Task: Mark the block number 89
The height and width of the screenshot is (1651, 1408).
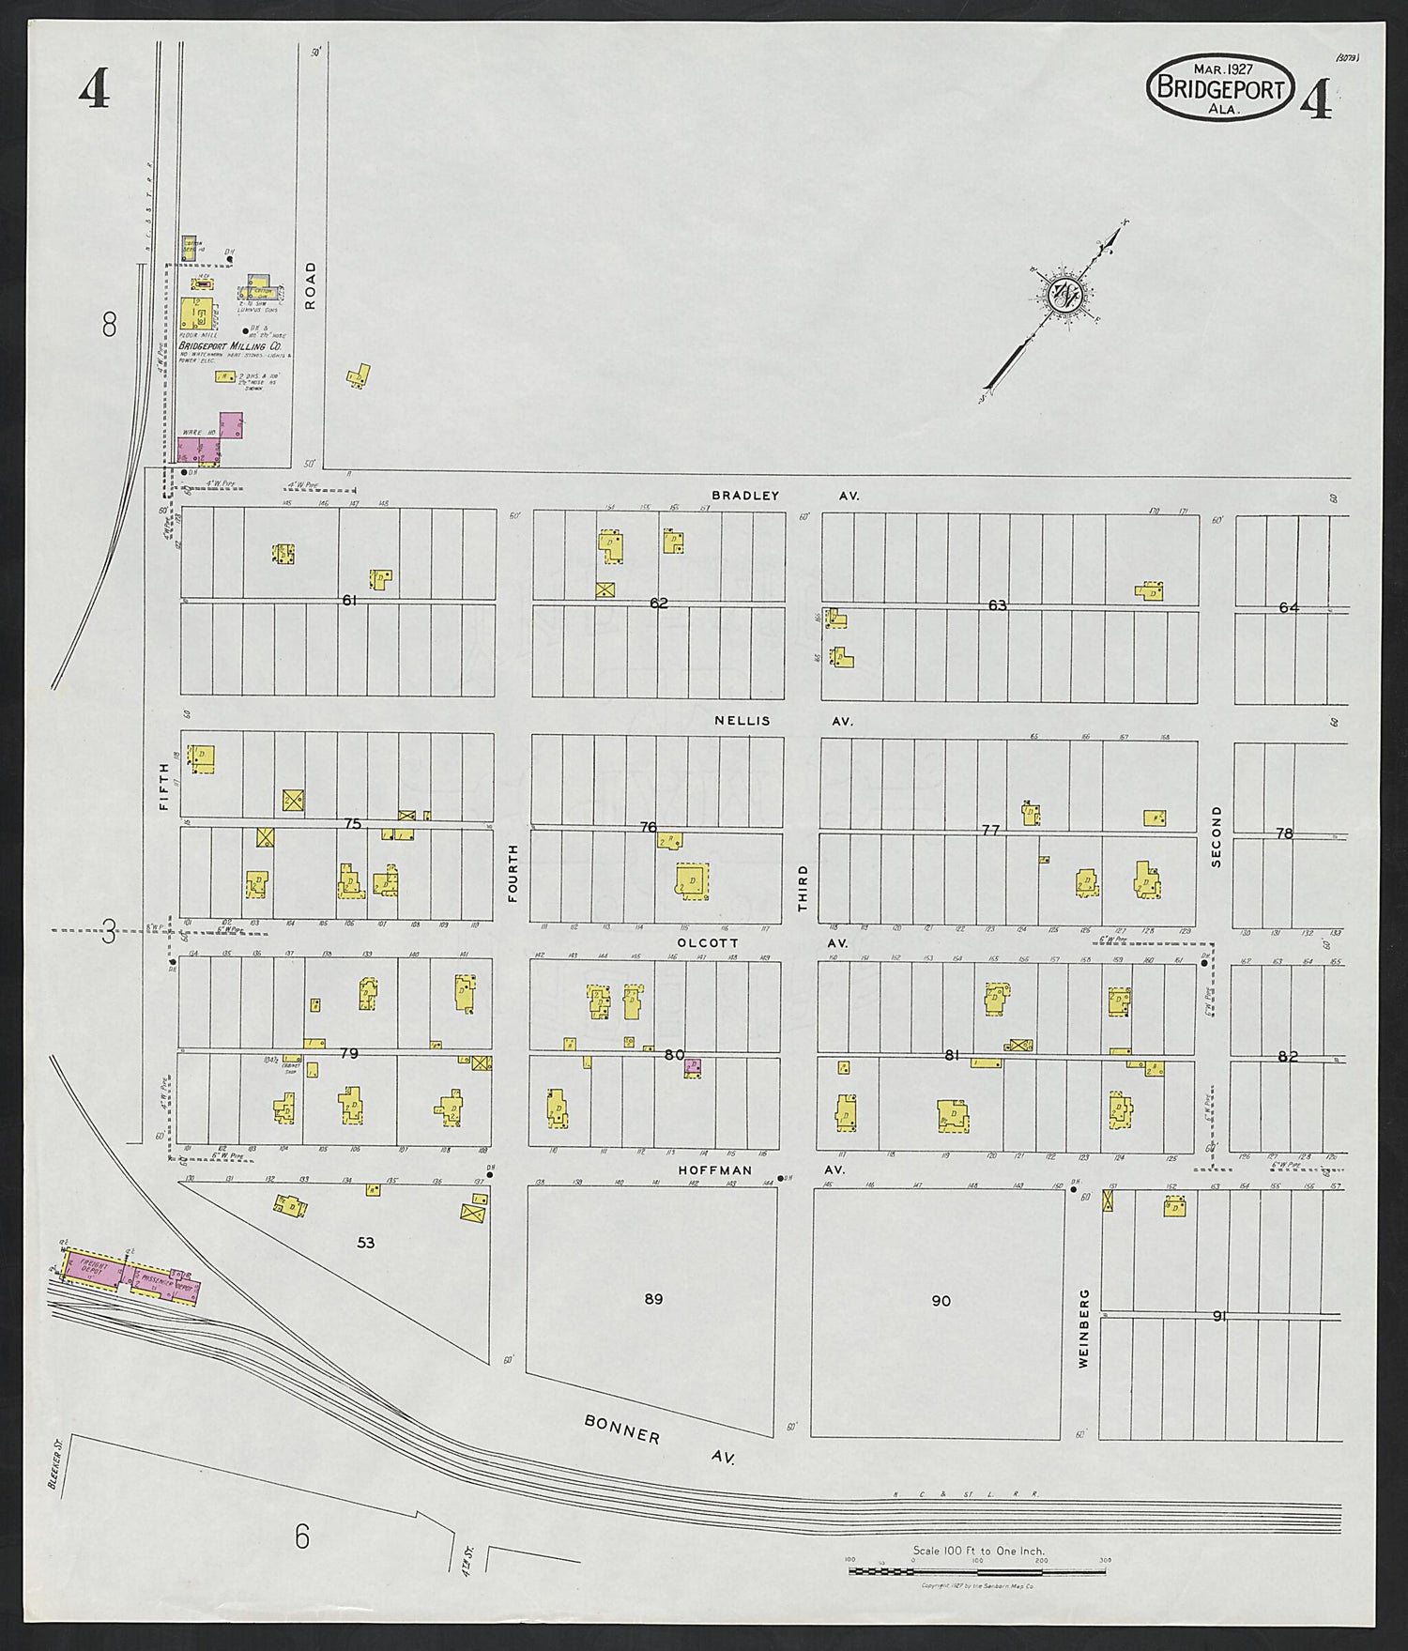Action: pyautogui.click(x=653, y=1299)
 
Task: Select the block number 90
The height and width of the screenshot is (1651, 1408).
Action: pyautogui.click(x=941, y=1300)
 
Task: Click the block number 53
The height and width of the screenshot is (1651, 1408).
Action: pyautogui.click(x=366, y=1243)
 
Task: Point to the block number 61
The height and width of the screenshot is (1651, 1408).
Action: pyautogui.click(x=350, y=600)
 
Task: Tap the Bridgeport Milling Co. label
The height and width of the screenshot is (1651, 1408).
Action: pyautogui.click(x=230, y=346)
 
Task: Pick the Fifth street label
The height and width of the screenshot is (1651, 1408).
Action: pyautogui.click(x=165, y=787)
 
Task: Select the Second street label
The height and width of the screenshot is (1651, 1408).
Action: pyautogui.click(x=1217, y=835)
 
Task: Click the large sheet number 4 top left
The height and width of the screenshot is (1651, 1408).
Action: pyautogui.click(x=94, y=91)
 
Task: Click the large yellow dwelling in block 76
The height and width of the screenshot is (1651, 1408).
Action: pyautogui.click(x=693, y=881)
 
